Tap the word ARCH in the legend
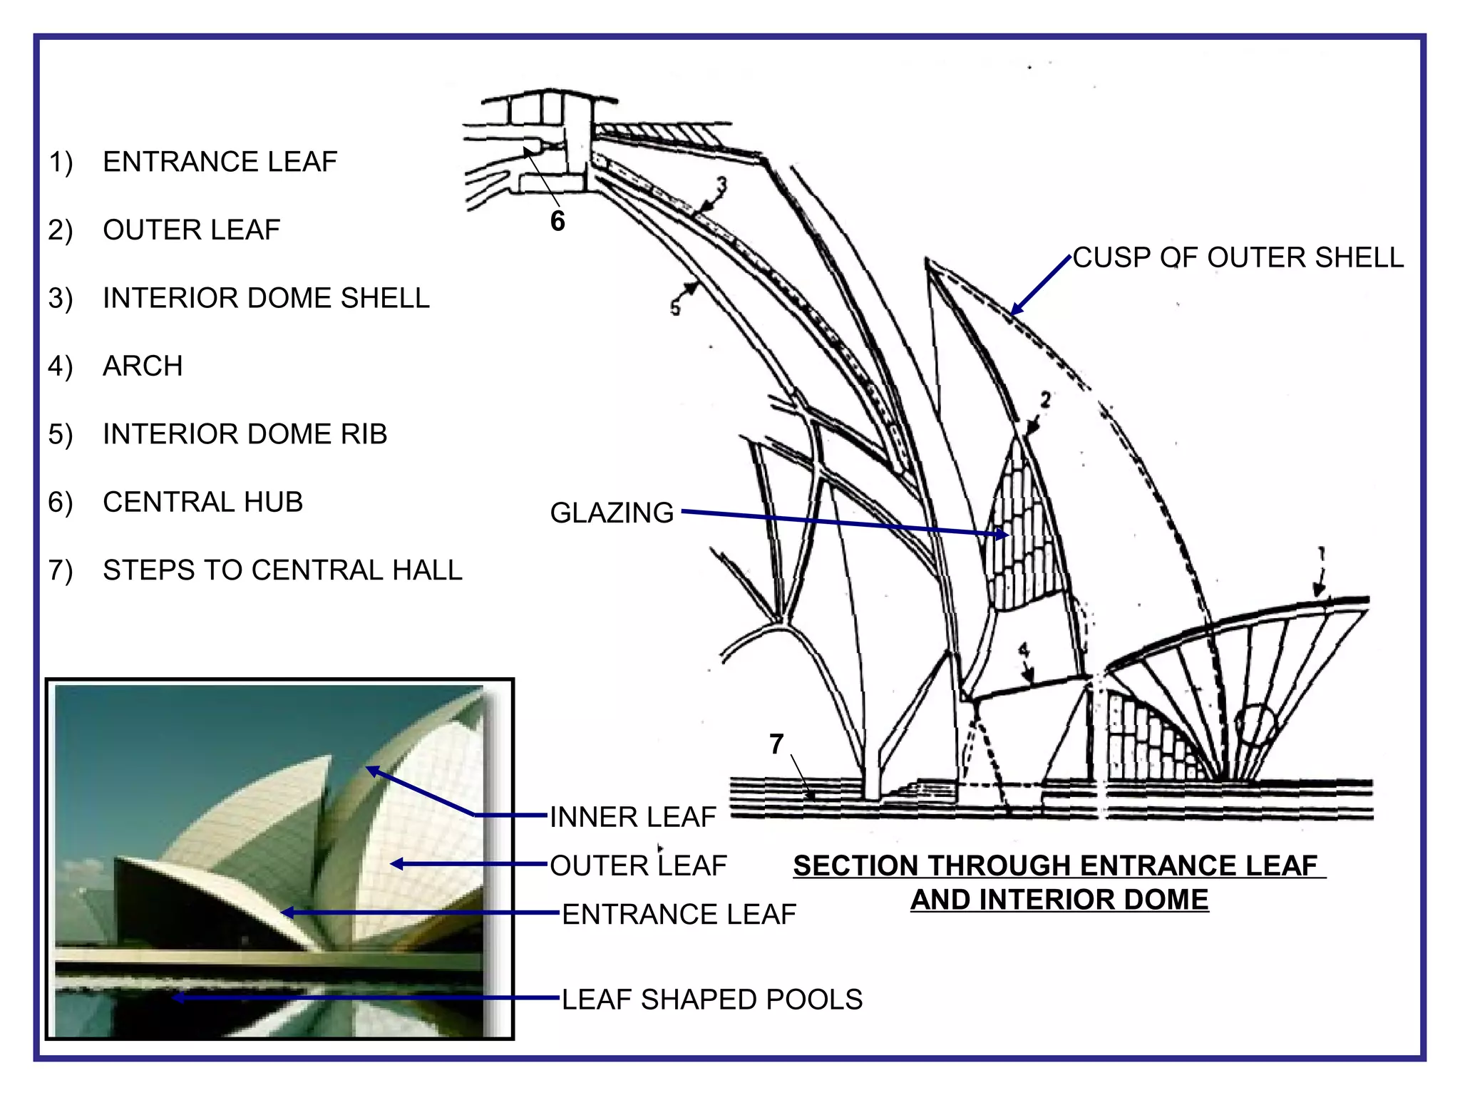coord(143,366)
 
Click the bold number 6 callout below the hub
coord(557,221)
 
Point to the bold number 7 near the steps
coord(776,744)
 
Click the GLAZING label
coord(612,513)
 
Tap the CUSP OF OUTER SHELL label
coord(1238,258)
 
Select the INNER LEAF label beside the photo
coord(632,817)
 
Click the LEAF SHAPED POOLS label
coord(711,999)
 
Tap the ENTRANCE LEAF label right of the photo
coord(679,915)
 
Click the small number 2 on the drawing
coord(1045,400)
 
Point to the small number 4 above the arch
coord(1024,650)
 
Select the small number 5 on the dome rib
coord(675,307)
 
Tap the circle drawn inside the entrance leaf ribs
coord(1256,725)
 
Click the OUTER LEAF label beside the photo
coord(638,866)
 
